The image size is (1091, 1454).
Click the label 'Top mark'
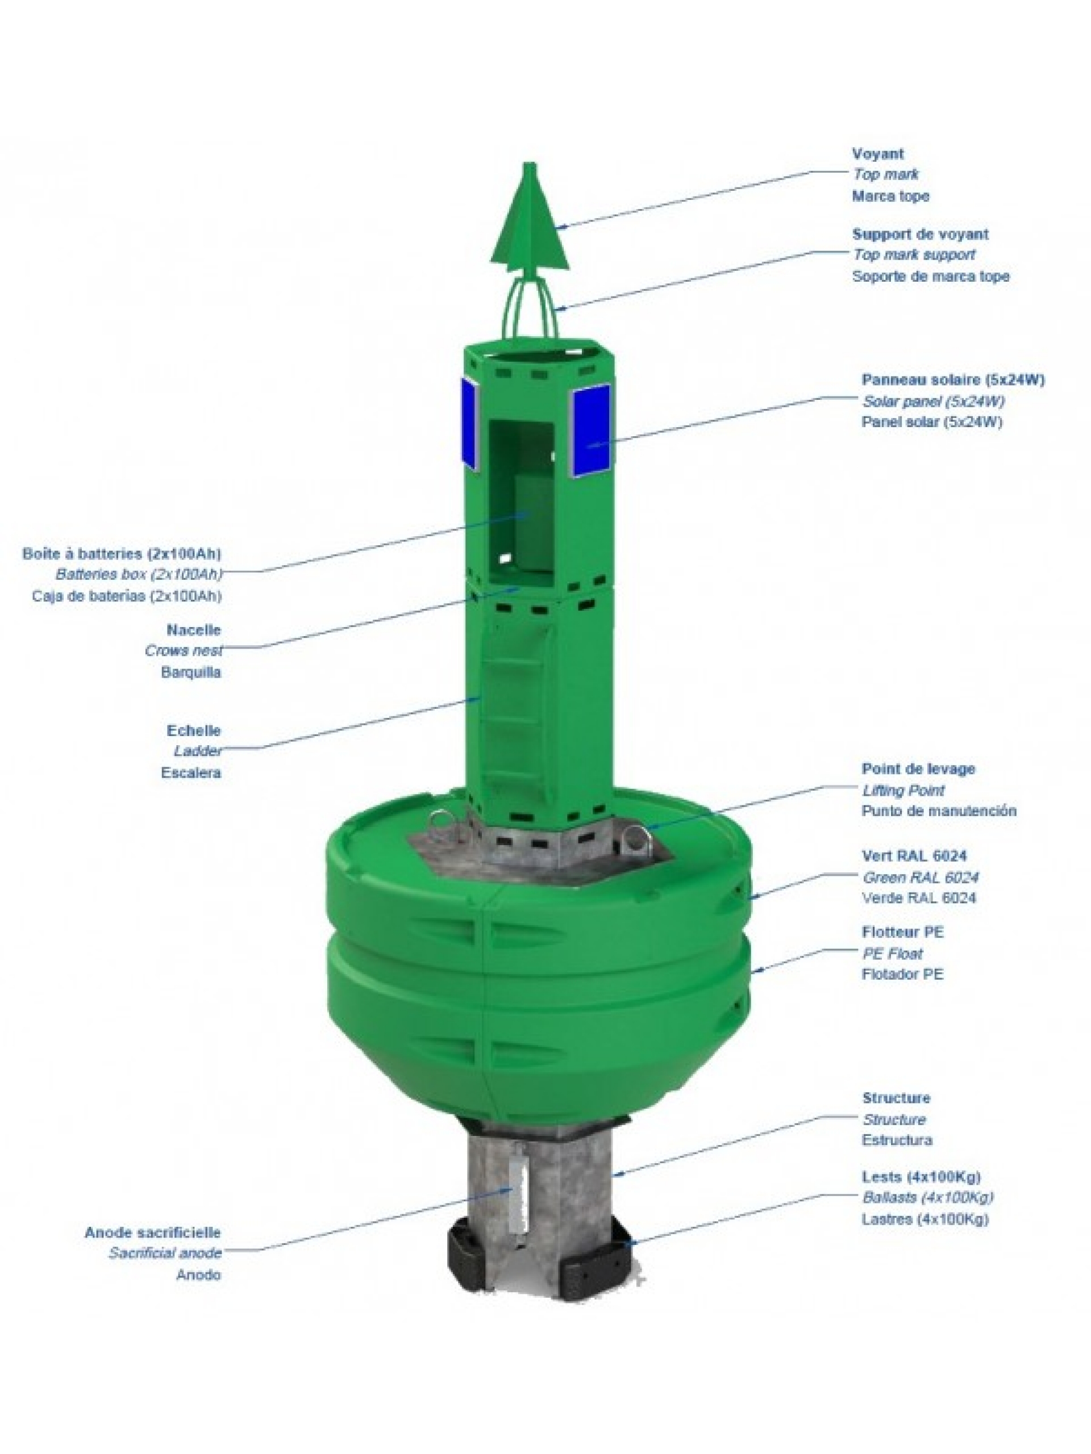(x=885, y=175)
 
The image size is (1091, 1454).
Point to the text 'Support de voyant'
(x=919, y=234)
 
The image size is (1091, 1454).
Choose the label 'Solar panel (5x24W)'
(x=932, y=401)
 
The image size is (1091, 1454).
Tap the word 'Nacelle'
(x=193, y=630)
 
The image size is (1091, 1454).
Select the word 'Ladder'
(x=197, y=751)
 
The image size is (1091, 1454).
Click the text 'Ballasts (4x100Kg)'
(x=927, y=1196)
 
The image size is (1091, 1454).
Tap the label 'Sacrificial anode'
(x=165, y=1253)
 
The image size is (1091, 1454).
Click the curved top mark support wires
(x=530, y=306)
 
